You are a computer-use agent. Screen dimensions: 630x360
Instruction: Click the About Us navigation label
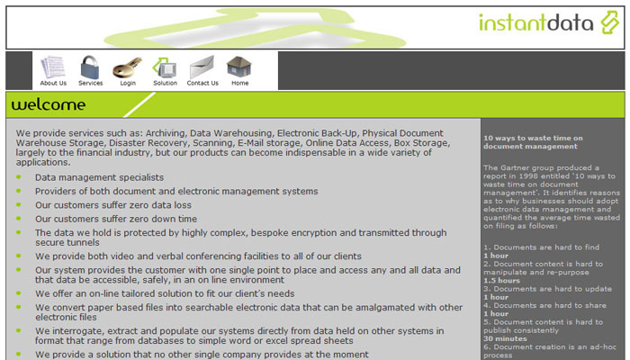pos(53,83)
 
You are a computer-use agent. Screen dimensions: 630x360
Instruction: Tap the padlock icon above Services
pos(90,67)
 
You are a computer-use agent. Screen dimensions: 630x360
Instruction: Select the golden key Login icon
pos(128,67)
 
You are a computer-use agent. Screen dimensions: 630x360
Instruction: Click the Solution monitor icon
pos(165,67)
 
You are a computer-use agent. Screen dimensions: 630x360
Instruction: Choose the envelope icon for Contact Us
pos(202,67)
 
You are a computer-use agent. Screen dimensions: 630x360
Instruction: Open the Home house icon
pos(239,67)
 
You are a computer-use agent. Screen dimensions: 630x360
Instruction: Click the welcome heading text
pos(49,105)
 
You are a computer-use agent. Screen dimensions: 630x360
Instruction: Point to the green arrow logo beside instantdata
pos(610,22)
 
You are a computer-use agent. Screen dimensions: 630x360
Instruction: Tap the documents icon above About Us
pos(52,67)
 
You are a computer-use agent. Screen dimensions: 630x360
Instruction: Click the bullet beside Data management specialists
pos(19,177)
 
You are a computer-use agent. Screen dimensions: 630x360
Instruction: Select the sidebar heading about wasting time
pos(533,142)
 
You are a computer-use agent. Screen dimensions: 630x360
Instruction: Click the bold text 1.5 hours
pos(501,281)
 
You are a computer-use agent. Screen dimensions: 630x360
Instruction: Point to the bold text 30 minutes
pos(505,338)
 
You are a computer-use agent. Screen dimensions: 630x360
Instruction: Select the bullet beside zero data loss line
pos(19,204)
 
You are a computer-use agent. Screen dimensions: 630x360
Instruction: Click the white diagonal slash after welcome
pos(139,105)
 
